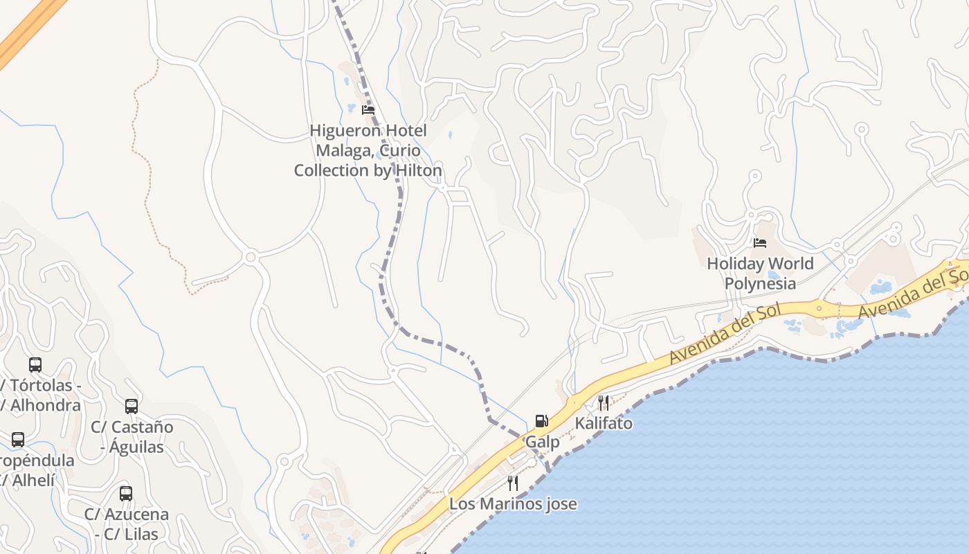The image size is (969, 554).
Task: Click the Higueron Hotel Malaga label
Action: click(x=368, y=150)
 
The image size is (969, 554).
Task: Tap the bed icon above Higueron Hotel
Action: click(x=368, y=109)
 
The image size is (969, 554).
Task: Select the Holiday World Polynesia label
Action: click(x=760, y=274)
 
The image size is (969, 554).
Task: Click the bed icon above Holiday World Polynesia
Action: click(x=760, y=242)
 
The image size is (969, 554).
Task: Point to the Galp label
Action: click(x=542, y=442)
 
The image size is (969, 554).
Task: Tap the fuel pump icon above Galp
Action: click(x=541, y=420)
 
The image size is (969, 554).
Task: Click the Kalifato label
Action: click(x=604, y=423)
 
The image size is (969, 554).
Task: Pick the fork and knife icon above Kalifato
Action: click(x=604, y=402)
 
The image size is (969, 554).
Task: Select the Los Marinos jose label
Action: click(x=513, y=503)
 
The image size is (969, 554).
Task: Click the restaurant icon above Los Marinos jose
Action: click(x=513, y=483)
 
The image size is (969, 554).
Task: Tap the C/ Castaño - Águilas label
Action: click(x=132, y=437)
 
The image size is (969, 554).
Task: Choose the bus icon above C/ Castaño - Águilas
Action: click(x=132, y=406)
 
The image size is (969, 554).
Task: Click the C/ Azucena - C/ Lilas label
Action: click(x=126, y=524)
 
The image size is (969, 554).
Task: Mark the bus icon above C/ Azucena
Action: click(x=126, y=494)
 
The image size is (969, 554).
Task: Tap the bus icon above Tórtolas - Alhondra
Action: click(x=35, y=364)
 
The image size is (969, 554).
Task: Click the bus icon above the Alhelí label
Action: click(x=18, y=439)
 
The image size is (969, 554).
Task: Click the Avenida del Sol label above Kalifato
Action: click(x=724, y=334)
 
